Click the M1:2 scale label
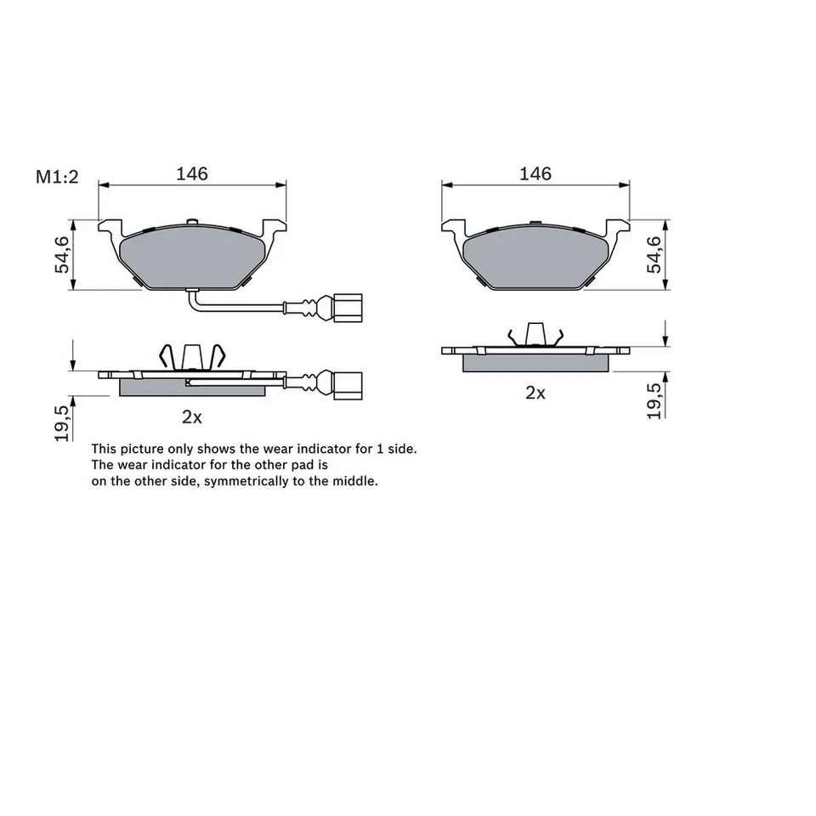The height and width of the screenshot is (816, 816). pos(56,177)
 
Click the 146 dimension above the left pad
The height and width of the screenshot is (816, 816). pos(191,173)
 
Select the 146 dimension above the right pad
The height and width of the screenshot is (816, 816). pos(535,173)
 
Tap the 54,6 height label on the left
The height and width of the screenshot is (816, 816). pos(63,255)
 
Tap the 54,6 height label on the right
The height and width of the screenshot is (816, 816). pos(654,255)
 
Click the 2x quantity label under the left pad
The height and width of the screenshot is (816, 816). pos(191,417)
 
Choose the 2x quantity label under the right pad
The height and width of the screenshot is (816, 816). pos(535,393)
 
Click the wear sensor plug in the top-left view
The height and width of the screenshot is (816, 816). pos(347,308)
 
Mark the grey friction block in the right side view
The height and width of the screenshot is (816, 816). pos(535,363)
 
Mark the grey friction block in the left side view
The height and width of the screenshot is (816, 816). pos(191,388)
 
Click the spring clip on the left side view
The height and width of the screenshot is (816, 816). pos(193,357)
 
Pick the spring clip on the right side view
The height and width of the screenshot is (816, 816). pos(535,335)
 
